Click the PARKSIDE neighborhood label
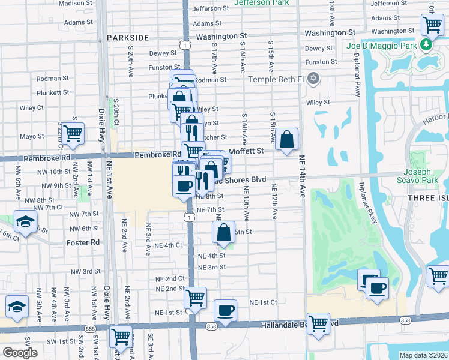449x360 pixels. click(128, 37)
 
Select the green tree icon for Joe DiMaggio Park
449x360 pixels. click(426, 44)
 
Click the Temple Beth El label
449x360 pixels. click(277, 79)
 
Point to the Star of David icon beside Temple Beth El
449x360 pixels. click(312, 79)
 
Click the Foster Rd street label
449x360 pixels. click(83, 242)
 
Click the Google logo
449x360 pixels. click(20, 353)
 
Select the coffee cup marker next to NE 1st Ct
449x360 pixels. click(225, 310)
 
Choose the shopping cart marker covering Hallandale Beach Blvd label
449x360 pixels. click(318, 323)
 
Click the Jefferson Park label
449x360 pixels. click(261, 2)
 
